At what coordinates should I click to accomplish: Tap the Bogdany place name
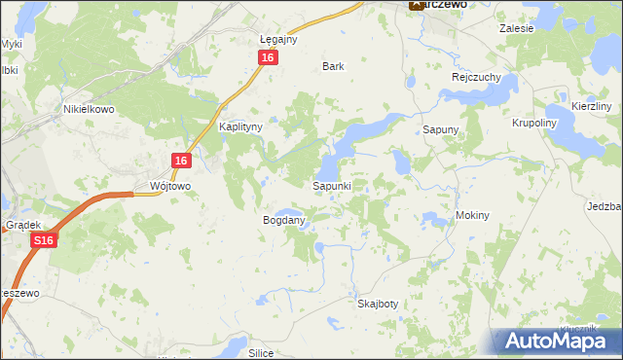284,220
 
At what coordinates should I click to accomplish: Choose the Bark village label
334,66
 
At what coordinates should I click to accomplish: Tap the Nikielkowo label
89,109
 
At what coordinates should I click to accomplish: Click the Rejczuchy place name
475,77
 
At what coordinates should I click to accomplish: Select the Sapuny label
440,128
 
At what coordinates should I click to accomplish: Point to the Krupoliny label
534,124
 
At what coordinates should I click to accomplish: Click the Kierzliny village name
591,105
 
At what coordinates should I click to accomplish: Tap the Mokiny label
471,215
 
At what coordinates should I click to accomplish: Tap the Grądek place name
20,223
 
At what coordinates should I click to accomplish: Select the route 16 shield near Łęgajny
269,57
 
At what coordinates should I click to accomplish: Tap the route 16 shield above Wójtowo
181,160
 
